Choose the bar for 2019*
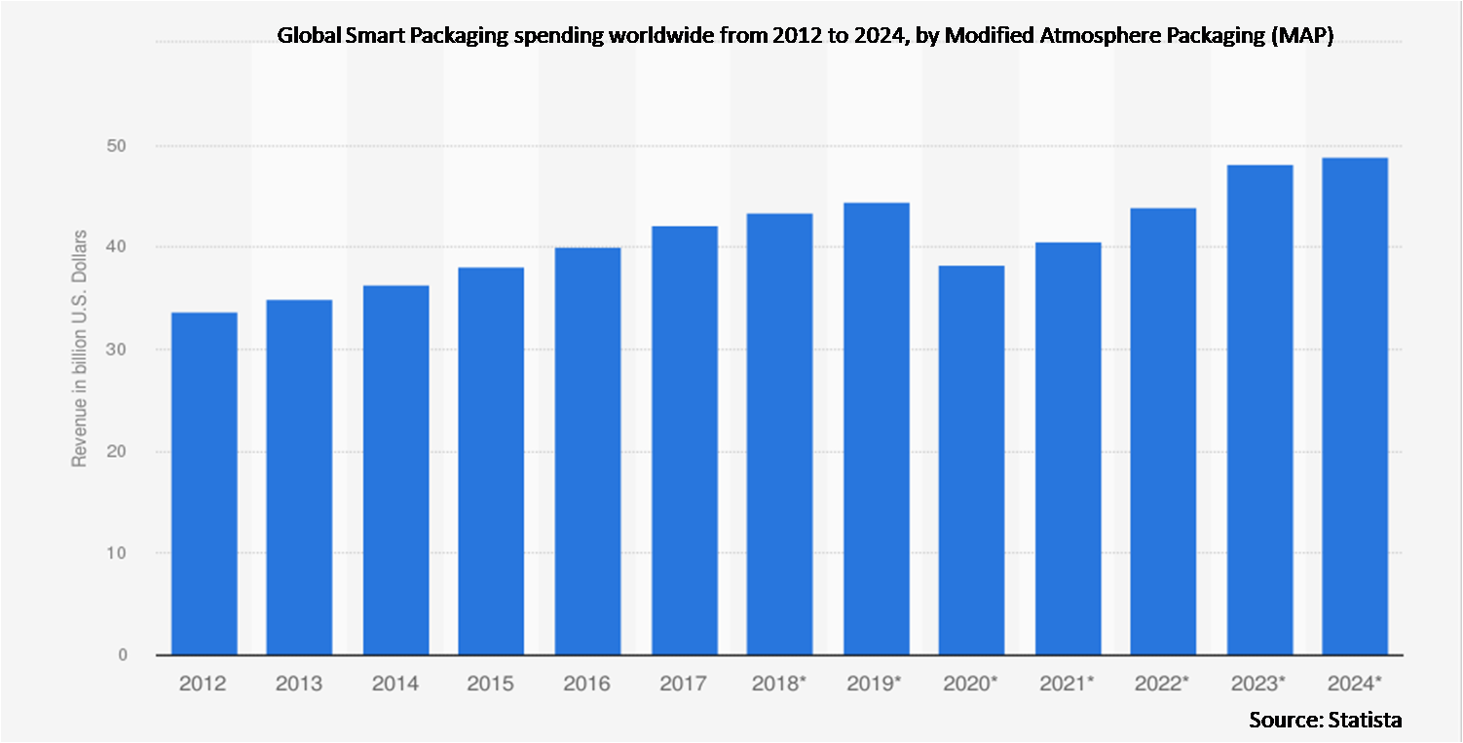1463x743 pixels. click(876, 428)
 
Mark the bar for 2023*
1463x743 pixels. click(1259, 409)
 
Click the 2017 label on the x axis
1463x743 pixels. click(683, 684)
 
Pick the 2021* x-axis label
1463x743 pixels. click(1068, 684)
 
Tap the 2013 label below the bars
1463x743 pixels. click(299, 684)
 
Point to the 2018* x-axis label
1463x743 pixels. click(779, 684)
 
